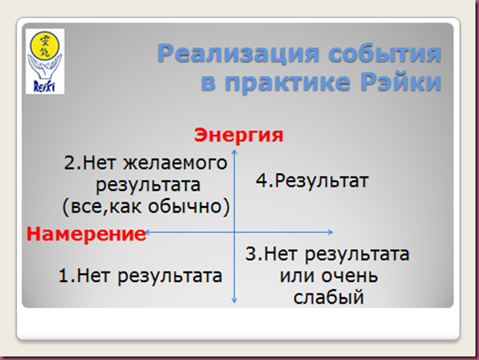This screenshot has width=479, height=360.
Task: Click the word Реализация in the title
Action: [x=238, y=54]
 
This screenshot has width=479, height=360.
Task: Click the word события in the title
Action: [x=384, y=54]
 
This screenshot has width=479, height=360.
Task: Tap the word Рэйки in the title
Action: [x=400, y=81]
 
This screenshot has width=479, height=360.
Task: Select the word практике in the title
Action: [x=287, y=82]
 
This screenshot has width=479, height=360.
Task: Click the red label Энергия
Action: [x=238, y=134]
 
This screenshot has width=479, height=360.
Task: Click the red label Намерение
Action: [x=86, y=234]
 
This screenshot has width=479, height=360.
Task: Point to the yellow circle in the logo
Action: [x=44, y=45]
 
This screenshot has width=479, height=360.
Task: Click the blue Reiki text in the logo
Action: [x=44, y=86]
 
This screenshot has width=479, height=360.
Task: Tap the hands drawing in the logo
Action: [x=44, y=67]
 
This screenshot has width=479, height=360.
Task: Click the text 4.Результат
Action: [x=313, y=180]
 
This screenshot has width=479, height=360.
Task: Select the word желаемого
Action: [x=175, y=164]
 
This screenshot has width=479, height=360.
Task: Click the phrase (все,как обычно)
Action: [x=146, y=207]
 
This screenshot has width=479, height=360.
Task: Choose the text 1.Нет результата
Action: [x=140, y=276]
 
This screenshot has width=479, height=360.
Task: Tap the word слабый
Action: [x=328, y=297]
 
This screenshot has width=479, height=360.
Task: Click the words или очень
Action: [x=328, y=276]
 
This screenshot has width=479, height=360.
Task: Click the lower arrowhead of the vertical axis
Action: [x=235, y=302]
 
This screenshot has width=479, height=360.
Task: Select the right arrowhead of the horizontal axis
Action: [x=332, y=232]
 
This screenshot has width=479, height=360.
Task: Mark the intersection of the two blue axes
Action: [x=235, y=232]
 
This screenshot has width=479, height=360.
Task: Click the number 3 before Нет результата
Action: [x=251, y=254]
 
